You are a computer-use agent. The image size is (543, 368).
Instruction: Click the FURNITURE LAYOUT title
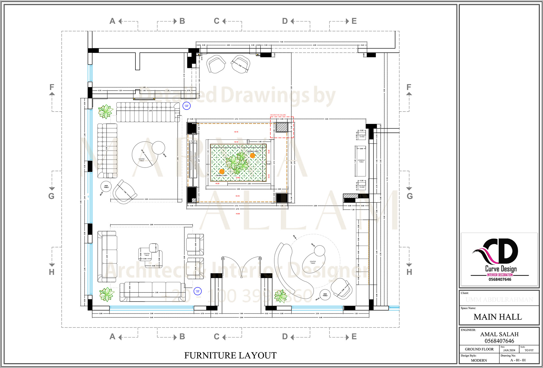(230, 356)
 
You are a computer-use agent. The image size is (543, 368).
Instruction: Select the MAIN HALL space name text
(498, 317)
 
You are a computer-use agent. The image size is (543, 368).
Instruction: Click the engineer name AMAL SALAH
(499, 334)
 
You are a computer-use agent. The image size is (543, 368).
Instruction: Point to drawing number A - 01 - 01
(518, 360)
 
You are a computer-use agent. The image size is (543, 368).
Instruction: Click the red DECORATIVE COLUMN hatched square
(282, 127)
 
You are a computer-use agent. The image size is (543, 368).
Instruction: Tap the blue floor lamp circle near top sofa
(186, 106)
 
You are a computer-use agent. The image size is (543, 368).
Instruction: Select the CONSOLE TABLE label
(361, 161)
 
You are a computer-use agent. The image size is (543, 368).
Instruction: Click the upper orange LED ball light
(252, 155)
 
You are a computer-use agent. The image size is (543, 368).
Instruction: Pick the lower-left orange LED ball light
(222, 172)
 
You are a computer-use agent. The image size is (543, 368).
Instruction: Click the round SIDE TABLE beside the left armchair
(106, 187)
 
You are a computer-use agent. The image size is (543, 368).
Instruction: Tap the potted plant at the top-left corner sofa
(105, 112)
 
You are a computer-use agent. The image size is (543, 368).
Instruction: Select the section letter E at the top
(354, 21)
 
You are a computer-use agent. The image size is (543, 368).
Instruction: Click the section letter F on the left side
(52, 87)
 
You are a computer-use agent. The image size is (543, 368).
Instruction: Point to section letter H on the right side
(409, 272)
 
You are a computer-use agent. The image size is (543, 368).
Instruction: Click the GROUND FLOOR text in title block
(479, 349)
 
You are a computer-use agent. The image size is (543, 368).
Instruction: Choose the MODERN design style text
(479, 360)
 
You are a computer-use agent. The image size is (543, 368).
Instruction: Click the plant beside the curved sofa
(281, 296)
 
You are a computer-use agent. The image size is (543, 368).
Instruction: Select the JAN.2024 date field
(509, 350)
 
